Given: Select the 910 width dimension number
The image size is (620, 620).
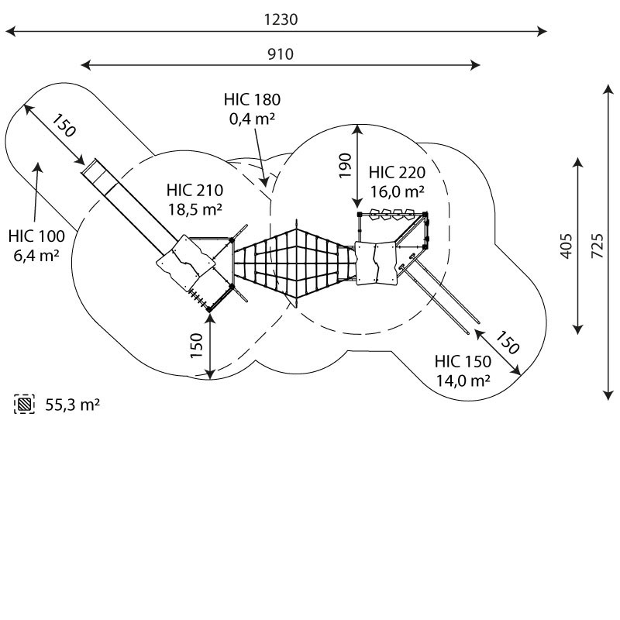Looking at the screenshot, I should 280,53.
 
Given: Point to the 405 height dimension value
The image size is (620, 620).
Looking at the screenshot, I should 567,246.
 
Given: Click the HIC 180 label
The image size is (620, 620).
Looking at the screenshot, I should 252,99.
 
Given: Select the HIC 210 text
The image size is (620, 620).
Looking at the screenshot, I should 195,190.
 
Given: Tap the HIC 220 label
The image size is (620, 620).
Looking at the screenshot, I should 396,172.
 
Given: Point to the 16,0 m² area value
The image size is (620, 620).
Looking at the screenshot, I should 396,191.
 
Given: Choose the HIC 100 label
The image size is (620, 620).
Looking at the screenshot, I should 37,236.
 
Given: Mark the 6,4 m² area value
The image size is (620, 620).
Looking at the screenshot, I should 37,254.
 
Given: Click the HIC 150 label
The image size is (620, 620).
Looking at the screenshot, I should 463,361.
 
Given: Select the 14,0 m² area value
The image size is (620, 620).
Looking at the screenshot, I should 463,381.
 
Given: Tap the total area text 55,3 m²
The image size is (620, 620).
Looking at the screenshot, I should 72,405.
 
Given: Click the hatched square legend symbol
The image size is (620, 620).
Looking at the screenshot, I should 25,404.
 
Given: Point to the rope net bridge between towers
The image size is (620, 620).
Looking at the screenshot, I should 294,263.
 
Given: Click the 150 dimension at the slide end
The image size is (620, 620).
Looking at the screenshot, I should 65,126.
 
